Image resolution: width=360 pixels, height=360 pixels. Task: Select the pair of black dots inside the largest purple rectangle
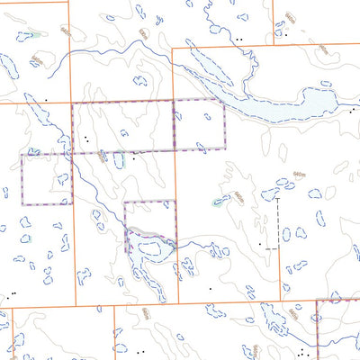pos(85,139)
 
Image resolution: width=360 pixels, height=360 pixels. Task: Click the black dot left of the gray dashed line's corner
pos(261,244)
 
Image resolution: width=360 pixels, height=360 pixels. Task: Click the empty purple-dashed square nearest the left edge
pos(46,178)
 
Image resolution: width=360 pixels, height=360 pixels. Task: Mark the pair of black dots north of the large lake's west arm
pos(238,40)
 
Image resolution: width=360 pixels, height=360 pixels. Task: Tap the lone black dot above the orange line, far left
pos(45,98)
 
